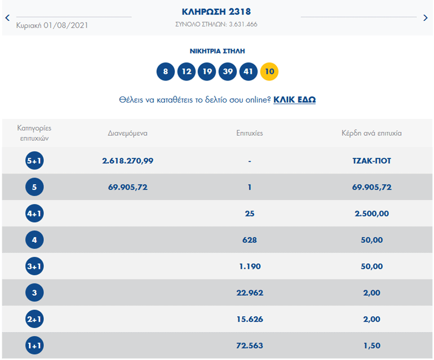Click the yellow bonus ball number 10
[269, 72]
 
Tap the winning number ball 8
[166, 72]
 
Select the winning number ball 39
[228, 72]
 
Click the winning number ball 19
[207, 72]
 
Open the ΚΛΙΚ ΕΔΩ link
[294, 100]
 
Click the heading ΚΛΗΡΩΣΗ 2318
[216, 11]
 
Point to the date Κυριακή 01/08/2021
[52, 25]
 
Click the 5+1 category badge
[34, 161]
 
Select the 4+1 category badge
[34, 214]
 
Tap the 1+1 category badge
[34, 345]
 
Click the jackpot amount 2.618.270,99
[128, 161]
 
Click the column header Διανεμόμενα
[128, 134]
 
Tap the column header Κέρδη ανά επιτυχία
[371, 134]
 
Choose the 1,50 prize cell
[371, 345]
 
